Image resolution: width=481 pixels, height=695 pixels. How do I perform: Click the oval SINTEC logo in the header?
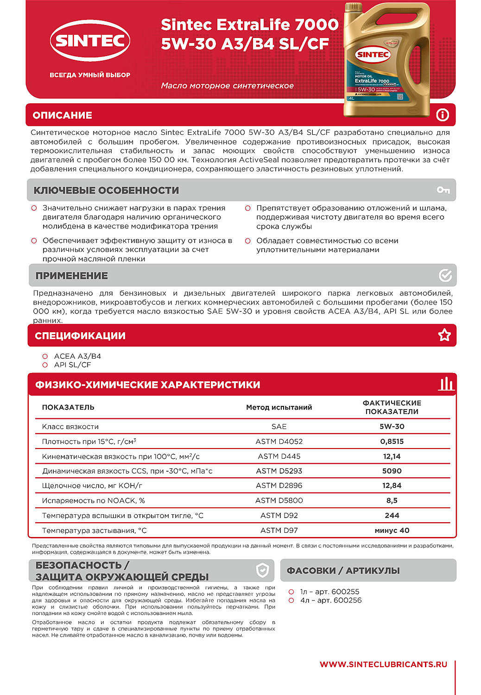click(90, 41)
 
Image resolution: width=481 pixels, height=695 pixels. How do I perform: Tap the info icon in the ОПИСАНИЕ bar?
click(443, 115)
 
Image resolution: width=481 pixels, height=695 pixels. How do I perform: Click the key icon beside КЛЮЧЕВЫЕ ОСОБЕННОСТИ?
click(443, 190)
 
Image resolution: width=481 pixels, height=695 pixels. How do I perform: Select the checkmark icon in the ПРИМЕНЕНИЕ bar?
click(445, 276)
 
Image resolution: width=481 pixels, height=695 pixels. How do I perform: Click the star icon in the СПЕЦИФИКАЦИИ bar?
click(444, 335)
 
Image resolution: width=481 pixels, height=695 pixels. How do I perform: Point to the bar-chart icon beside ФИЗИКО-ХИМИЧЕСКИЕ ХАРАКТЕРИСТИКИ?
click(446, 384)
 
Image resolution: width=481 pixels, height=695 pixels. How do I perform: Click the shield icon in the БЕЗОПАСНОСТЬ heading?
click(262, 570)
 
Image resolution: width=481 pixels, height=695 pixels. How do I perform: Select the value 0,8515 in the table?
click(392, 442)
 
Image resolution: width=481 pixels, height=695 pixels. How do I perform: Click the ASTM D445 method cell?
click(279, 456)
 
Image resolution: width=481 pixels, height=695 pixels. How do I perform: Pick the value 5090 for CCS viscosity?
click(392, 471)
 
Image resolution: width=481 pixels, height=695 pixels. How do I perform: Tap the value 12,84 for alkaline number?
click(392, 486)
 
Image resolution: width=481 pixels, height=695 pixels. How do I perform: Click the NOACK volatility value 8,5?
click(392, 500)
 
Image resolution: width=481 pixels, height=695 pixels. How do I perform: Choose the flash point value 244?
click(392, 515)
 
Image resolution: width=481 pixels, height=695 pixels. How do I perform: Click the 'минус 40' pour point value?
click(392, 531)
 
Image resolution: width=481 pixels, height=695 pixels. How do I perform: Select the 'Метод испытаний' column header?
click(279, 407)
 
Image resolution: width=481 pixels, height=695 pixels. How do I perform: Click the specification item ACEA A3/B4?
click(77, 356)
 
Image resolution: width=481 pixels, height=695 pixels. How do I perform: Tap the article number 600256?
click(348, 600)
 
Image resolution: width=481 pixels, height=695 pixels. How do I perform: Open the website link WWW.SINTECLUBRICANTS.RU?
click(383, 664)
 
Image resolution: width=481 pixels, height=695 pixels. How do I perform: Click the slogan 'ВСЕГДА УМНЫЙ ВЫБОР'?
click(90, 75)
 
